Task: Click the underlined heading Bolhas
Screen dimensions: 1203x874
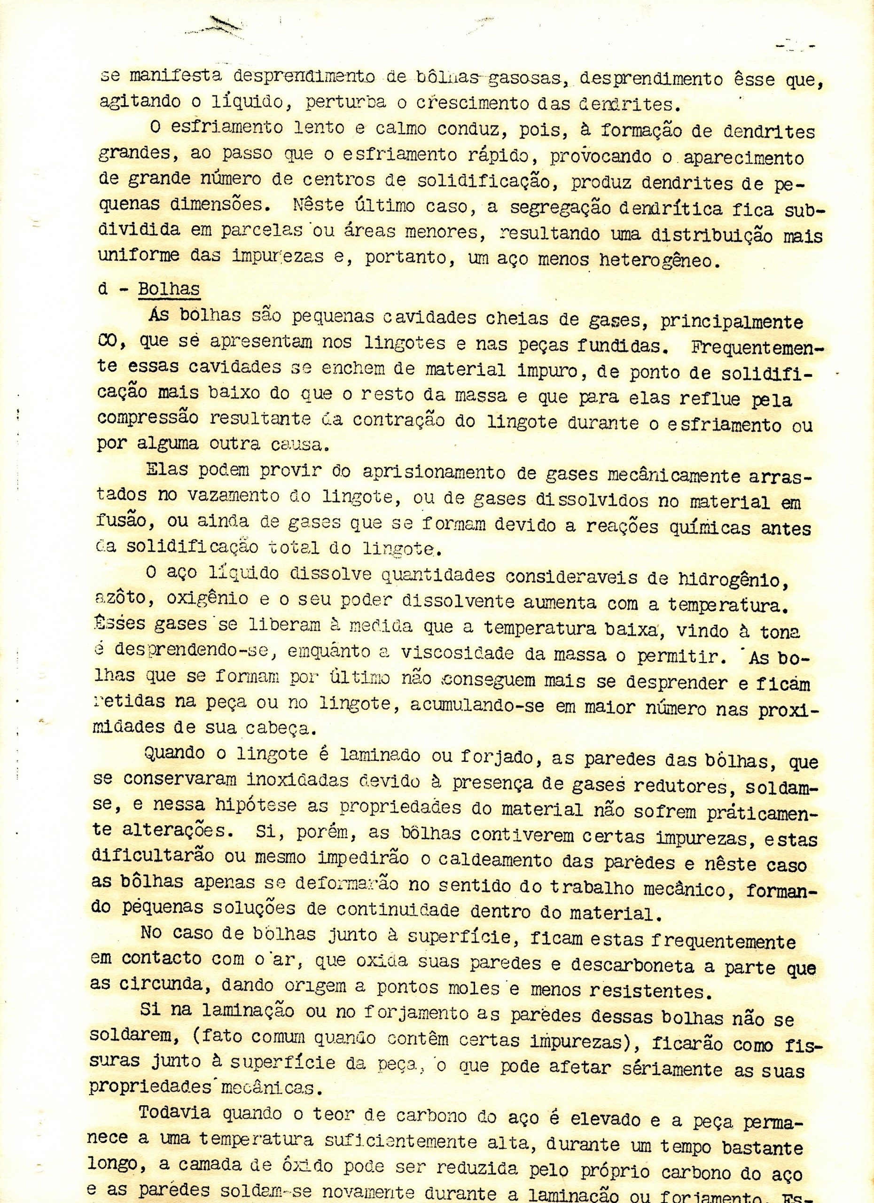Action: coord(168,289)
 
